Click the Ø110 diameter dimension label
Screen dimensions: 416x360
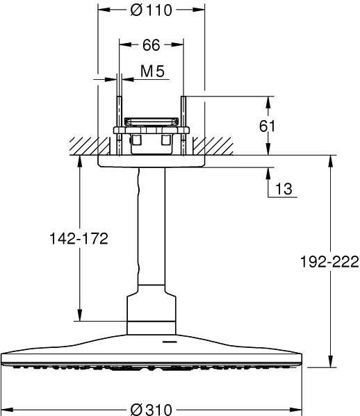pos(151,10)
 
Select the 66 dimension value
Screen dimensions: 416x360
pos(151,45)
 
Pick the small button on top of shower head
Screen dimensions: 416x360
pos(167,341)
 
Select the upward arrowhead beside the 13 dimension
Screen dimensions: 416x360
pos(269,172)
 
